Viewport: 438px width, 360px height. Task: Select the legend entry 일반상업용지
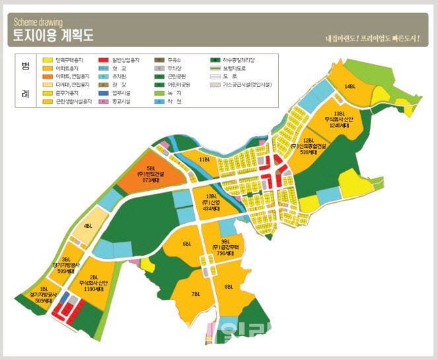pyautogui.click(x=126, y=60)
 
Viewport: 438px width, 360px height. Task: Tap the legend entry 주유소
pyautogui.click(x=176, y=60)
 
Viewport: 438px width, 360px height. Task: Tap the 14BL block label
pyautogui.click(x=349, y=87)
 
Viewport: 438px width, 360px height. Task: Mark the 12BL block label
pyautogui.click(x=309, y=140)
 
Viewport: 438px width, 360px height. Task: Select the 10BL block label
pyautogui.click(x=211, y=196)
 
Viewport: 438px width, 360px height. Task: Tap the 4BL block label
pyautogui.click(x=88, y=227)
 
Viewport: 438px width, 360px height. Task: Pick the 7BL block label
pyautogui.click(x=196, y=293)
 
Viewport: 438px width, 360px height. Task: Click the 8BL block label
pyautogui.click(x=229, y=287)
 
